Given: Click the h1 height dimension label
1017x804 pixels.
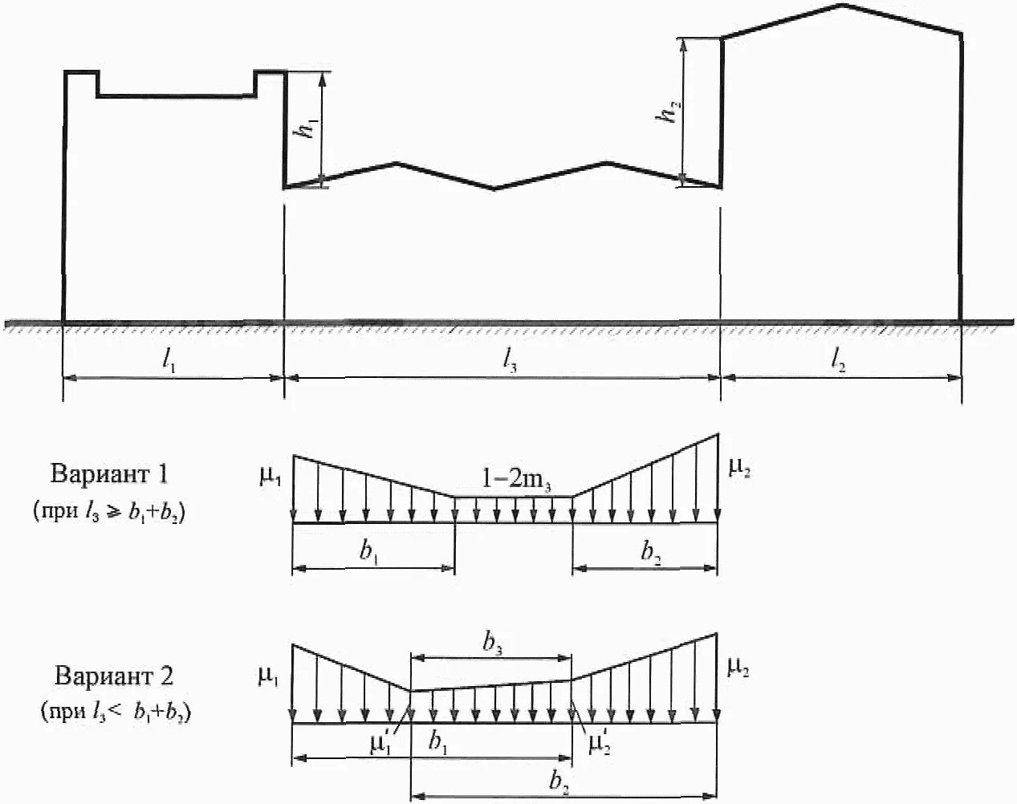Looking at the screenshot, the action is point(306,129).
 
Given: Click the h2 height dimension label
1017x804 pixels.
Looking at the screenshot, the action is point(665,113).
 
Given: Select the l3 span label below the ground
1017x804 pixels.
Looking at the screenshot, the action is point(509,362).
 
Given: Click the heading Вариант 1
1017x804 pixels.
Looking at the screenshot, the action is point(109,473).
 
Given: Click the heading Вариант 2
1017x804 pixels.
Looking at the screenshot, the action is point(114,676).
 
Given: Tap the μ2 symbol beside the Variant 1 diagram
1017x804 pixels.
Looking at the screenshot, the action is point(739,467).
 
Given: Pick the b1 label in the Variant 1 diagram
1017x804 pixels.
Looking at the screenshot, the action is point(370,553).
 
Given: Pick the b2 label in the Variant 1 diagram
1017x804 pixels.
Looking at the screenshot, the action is point(651,553).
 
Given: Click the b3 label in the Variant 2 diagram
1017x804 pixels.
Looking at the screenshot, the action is point(492,642).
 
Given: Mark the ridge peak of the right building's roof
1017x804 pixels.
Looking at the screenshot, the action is point(841,6).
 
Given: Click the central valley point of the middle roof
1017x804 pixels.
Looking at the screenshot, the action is point(494,189).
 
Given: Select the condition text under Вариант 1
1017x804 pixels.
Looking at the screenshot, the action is point(110,511).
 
